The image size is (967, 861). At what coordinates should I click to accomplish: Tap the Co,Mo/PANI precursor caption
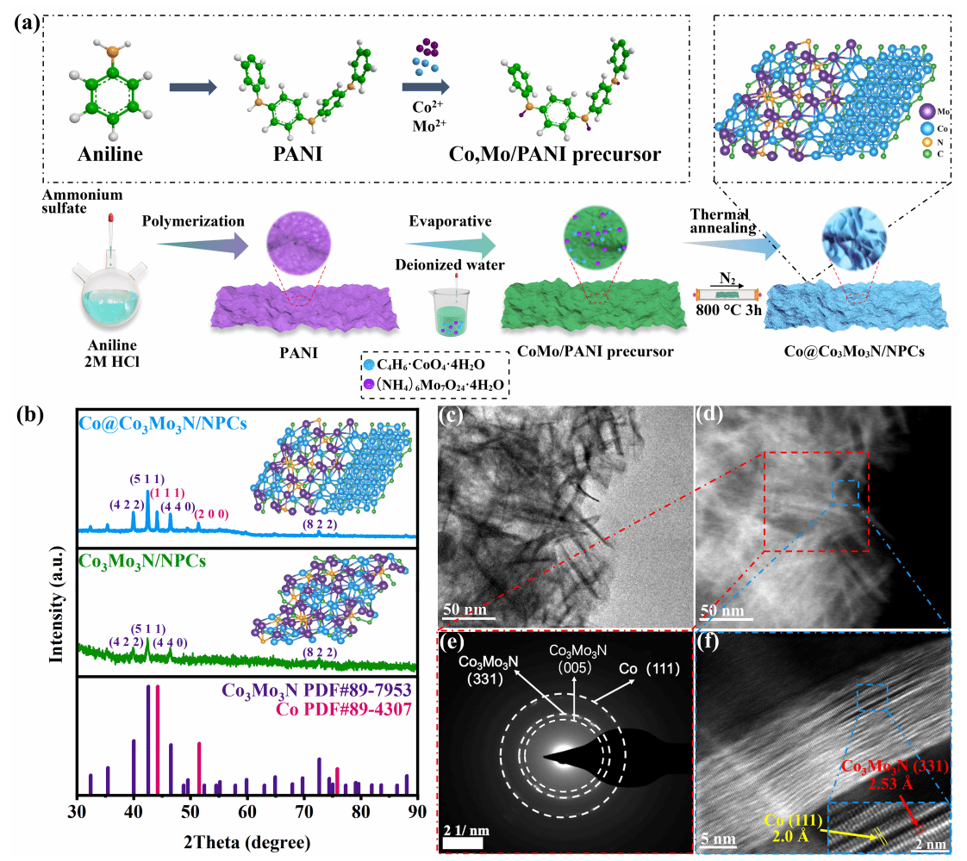point(555,154)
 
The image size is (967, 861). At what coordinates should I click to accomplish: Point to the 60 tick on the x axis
point(246,811)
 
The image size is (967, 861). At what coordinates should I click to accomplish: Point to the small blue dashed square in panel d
point(845,493)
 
